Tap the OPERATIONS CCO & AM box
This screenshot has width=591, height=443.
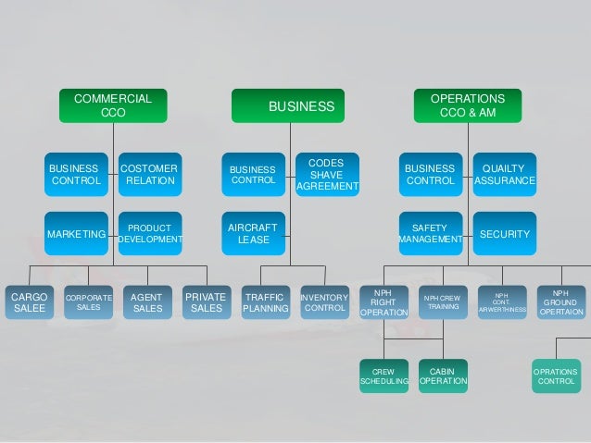pyautogui.click(x=467, y=105)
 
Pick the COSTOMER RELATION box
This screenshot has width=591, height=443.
pyautogui.click(x=149, y=175)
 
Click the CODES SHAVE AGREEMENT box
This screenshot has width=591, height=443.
pyautogui.click(x=326, y=175)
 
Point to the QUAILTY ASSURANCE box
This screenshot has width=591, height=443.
pyautogui.click(x=504, y=175)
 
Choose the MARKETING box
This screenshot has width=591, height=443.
pyautogui.click(x=76, y=235)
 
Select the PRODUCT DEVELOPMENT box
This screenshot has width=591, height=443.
pyautogui.click(x=149, y=235)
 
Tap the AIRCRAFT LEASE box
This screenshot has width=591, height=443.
pyautogui.click(x=253, y=235)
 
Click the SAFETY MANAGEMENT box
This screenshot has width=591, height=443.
pyautogui.click(x=430, y=235)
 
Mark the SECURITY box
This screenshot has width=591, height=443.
pyautogui.click(x=504, y=235)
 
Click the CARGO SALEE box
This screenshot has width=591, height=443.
pyautogui.click(x=29, y=302)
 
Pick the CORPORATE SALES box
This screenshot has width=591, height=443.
pyautogui.click(x=88, y=302)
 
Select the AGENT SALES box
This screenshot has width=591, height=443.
pyautogui.click(x=147, y=302)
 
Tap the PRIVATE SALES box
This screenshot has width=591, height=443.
pyautogui.click(x=206, y=302)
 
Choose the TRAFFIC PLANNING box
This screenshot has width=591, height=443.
pyautogui.click(x=265, y=302)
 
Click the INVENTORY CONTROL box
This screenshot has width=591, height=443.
pyautogui.click(x=324, y=302)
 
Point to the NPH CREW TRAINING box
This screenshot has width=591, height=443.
pyautogui.click(x=443, y=302)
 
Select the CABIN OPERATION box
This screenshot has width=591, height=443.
pyautogui.click(x=443, y=375)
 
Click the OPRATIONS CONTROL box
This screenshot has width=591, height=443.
pyautogui.click(x=556, y=375)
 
